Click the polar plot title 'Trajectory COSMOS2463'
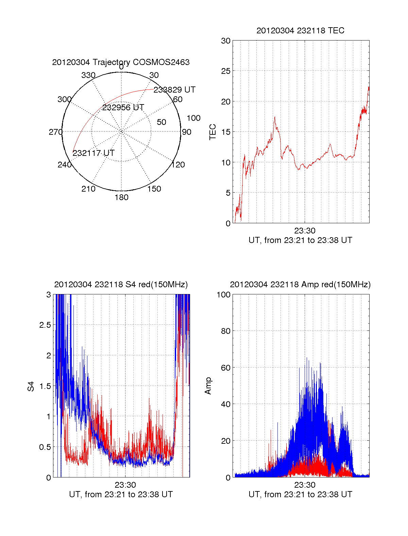(121, 62)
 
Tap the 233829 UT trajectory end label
(174, 90)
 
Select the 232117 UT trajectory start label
(93, 153)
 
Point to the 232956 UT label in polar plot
(123, 108)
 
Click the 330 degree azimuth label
(88, 75)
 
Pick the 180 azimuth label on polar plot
(121, 197)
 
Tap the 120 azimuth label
(178, 165)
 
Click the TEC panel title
(300, 31)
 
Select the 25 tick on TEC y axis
(225, 71)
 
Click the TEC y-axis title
(213, 132)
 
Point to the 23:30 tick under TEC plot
(305, 231)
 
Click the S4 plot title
(121, 285)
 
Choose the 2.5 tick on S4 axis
(45, 325)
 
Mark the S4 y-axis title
(31, 386)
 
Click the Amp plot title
(300, 285)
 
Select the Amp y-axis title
(208, 386)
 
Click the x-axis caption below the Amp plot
(300, 494)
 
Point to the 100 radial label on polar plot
(193, 118)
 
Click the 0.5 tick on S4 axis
(45, 447)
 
